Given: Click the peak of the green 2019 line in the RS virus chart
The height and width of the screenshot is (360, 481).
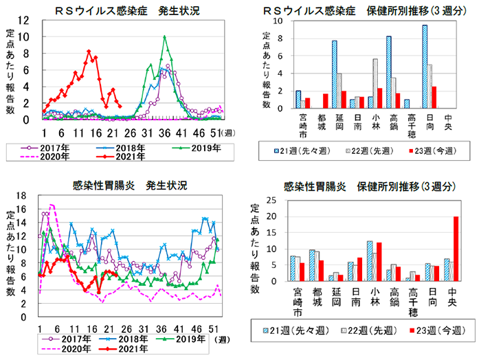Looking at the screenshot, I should coord(164,37).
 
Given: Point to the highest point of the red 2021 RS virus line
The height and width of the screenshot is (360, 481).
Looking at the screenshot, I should coord(89,51).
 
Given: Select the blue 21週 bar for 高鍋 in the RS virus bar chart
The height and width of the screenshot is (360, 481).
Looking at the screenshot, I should coord(389,72).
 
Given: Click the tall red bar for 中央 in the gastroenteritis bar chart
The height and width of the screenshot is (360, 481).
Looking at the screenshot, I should coord(455,249).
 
